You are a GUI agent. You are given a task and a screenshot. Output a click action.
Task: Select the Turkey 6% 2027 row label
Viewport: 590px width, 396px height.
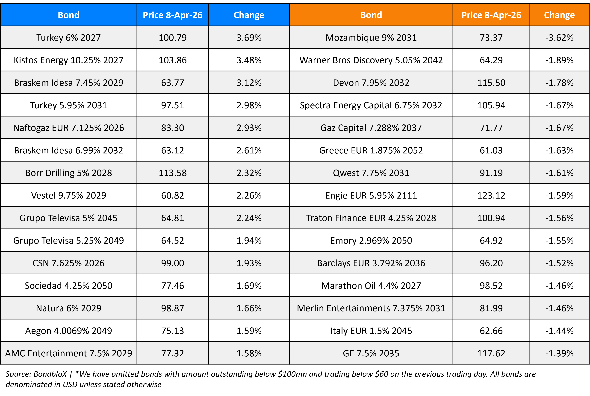[68, 38]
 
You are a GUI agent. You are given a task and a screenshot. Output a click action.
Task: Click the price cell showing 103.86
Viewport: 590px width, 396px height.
[173, 60]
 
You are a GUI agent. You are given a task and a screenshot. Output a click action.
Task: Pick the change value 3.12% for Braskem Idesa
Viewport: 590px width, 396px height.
[249, 83]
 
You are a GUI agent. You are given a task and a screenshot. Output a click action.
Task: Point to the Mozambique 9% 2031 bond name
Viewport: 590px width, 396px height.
[371, 38]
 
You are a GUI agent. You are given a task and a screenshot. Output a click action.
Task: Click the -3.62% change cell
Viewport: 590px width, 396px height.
[559, 38]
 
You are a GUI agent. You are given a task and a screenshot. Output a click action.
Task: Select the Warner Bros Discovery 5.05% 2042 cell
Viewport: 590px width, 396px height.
[371, 60]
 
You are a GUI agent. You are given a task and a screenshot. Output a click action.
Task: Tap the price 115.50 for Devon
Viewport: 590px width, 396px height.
[491, 83]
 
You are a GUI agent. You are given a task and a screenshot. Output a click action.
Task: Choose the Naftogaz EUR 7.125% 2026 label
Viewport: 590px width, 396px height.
[68, 128]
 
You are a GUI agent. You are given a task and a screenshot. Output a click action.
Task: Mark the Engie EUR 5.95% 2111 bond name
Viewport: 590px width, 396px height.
[371, 195]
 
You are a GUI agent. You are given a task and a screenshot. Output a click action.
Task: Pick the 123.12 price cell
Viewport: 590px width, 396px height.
[491, 195]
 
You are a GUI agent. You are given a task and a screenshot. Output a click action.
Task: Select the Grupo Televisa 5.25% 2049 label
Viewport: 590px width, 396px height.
[68, 241]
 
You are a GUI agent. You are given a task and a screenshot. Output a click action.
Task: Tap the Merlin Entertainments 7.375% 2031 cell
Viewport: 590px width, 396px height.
[371, 308]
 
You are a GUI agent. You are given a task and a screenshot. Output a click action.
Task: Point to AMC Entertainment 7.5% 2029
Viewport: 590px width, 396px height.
[68, 353]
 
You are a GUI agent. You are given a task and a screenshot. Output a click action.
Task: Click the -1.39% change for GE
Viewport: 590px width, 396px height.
[559, 353]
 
